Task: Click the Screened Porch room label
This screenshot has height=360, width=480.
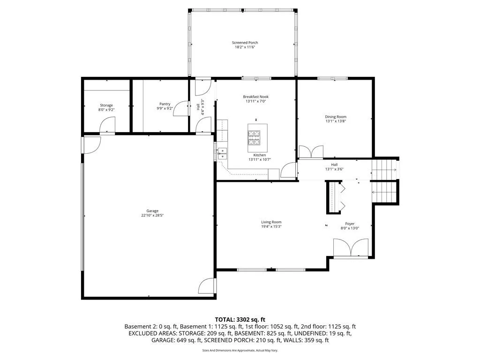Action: coord(245,43)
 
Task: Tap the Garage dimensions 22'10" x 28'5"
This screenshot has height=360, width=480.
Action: coord(152,216)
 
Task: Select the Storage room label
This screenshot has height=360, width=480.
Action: coord(106,105)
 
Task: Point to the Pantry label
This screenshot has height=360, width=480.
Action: coord(165,104)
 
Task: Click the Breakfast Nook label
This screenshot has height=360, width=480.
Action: coord(256,97)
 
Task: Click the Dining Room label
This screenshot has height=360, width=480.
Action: coord(336,117)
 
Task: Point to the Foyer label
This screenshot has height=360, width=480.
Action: coord(350,224)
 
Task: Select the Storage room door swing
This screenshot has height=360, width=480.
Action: coord(107,125)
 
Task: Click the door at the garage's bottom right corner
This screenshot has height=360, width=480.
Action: coord(207,285)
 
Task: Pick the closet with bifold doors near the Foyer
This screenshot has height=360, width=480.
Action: coord(334,197)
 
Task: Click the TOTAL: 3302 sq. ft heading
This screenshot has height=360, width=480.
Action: coord(240,318)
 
